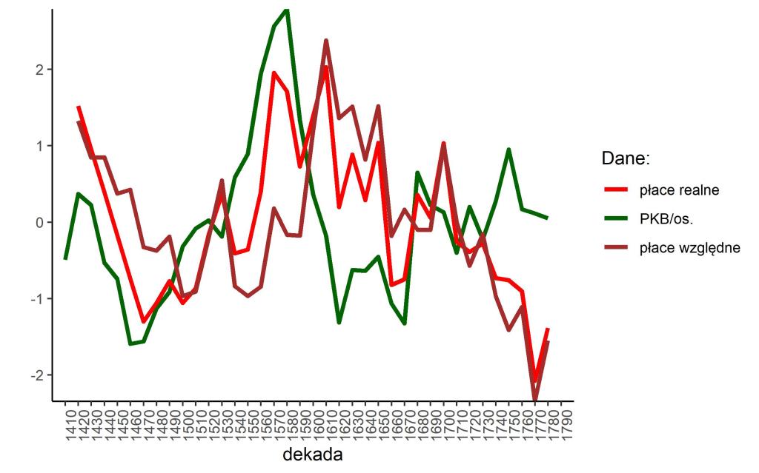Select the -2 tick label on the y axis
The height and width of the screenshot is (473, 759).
(36, 375)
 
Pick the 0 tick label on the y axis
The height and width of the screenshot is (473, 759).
(39, 222)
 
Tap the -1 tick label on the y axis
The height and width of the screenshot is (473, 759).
(36, 299)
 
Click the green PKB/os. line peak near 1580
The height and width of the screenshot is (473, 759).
(287, 9)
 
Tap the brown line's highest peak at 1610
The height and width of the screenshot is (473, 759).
(326, 40)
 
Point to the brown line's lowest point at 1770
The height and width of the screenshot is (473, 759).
(535, 400)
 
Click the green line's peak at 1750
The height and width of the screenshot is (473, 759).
(509, 149)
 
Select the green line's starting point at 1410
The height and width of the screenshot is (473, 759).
(65, 259)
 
